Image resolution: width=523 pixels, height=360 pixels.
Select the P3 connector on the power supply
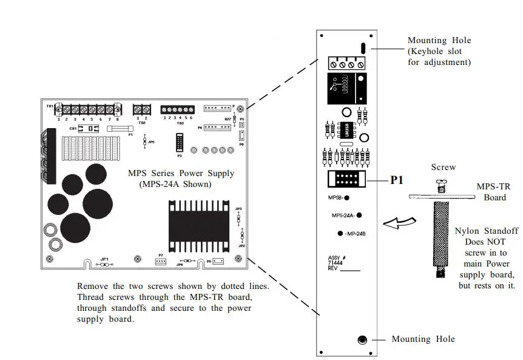point(180,143)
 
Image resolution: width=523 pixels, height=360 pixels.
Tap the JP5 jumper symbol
point(144,141)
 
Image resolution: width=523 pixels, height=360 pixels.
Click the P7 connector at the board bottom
point(161,261)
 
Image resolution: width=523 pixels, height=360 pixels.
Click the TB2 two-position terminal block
point(141,110)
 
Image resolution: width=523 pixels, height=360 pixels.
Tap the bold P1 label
point(397,180)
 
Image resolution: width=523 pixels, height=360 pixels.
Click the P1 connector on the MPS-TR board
point(345,180)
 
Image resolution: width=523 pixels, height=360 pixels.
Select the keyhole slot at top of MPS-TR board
point(362,48)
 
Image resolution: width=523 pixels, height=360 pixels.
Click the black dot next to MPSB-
point(354,198)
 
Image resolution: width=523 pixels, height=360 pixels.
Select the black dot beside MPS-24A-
point(359,215)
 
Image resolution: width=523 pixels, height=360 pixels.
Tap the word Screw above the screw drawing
point(443,167)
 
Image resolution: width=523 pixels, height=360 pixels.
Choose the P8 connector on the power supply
point(218,262)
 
